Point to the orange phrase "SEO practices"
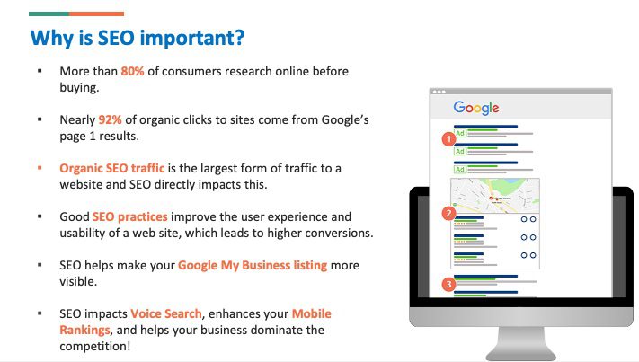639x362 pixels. pos(128,217)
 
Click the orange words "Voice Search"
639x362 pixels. pos(161,314)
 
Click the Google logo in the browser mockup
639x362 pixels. pos(475,108)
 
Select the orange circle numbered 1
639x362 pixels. pos(448,139)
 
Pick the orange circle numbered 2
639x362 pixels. pos(448,214)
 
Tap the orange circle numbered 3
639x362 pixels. pos(448,286)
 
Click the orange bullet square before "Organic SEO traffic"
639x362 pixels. pos(40,169)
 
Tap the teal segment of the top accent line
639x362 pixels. pos(49,13)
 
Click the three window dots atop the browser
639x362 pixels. pos(439,92)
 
